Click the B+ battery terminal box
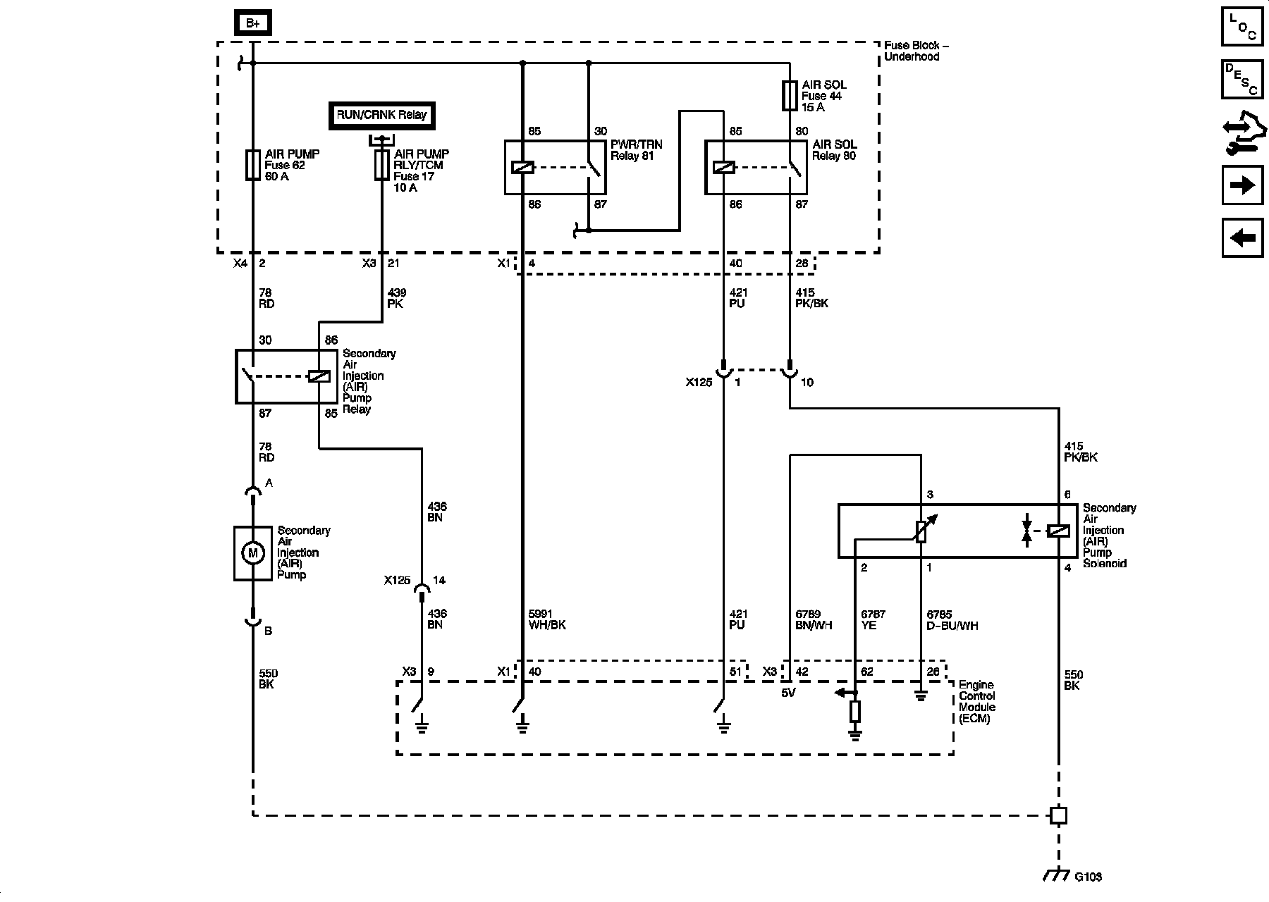pyautogui.click(x=252, y=23)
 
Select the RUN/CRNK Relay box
pyautogui.click(x=381, y=116)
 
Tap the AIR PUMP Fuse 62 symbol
pyautogui.click(x=252, y=165)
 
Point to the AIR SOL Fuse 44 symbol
pyautogui.click(x=790, y=96)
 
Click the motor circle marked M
pyautogui.click(x=252, y=553)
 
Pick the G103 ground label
pyautogui.click(x=1088, y=877)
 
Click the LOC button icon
pyautogui.click(x=1242, y=26)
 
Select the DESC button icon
pyautogui.click(x=1242, y=79)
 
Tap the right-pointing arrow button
pyautogui.click(x=1242, y=185)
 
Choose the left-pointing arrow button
pyautogui.click(x=1242, y=238)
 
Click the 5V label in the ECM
pyautogui.click(x=788, y=693)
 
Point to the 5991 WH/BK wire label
pyautogui.click(x=547, y=619)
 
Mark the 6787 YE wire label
pyautogui.click(x=873, y=619)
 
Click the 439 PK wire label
pyautogui.click(x=396, y=298)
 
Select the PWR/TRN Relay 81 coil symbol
pyautogui.click(x=523, y=168)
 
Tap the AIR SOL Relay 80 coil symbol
pyautogui.click(x=724, y=168)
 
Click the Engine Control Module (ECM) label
pyautogui.click(x=977, y=702)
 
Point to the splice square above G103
pyautogui.click(x=1058, y=815)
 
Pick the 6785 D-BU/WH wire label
pyautogui.click(x=952, y=619)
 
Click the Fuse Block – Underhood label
pyautogui.click(x=916, y=51)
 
